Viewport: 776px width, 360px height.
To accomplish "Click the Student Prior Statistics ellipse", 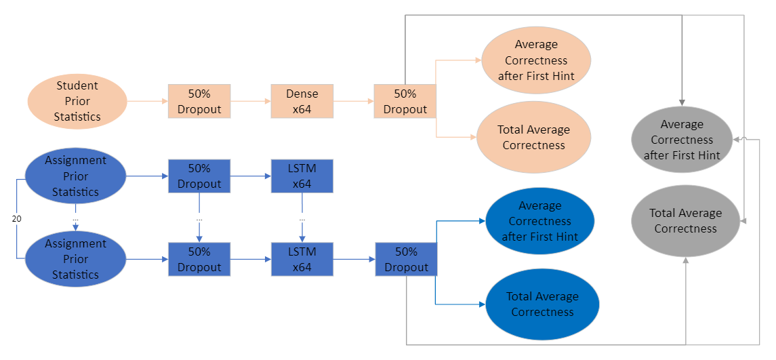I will click(77, 102).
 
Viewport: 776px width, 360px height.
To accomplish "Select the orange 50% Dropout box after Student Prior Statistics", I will click(199, 101).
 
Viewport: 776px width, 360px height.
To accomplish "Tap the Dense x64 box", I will click(302, 101).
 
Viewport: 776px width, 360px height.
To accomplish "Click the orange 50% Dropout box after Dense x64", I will click(405, 101).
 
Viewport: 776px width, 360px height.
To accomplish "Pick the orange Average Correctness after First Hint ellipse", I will click(536, 60).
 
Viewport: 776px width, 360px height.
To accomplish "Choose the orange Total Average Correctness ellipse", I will click(534, 137).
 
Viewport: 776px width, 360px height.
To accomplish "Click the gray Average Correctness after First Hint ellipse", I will click(682, 140).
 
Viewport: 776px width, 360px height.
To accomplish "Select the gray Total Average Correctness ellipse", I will click(685, 220).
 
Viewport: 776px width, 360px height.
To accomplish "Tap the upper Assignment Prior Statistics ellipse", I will click(75, 176).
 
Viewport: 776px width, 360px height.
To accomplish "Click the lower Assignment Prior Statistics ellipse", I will click(75, 259).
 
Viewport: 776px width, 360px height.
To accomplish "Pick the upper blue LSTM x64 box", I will click(302, 176).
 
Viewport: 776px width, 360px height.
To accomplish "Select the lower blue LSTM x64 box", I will click(302, 259).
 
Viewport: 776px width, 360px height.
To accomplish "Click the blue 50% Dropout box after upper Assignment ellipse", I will click(199, 176).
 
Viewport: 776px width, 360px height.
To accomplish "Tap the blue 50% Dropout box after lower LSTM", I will click(406, 259).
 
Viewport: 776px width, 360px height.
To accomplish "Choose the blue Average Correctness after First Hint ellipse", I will click(539, 221).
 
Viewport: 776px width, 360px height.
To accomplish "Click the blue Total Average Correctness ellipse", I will click(542, 304).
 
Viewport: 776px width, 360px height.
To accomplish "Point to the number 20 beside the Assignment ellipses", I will click(18, 219).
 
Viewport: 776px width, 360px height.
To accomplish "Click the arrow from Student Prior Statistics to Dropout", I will click(148, 101).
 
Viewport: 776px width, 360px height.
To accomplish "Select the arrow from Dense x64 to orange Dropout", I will click(353, 101).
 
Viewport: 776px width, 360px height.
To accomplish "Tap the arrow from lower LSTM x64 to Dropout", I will click(354, 259).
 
